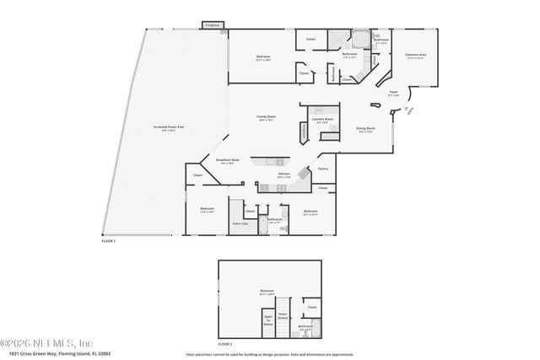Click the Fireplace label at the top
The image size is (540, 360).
pos(213,25)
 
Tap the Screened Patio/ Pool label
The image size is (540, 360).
pos(169,127)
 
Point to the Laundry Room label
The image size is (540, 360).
pos(321,120)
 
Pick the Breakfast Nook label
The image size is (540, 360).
pos(228,159)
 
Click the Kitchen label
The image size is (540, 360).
pos(284,174)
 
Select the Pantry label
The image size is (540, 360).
pos(323,169)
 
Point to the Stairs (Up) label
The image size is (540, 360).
pos(240,223)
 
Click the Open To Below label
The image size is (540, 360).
pos(268,320)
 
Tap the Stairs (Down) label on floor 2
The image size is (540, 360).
pos(283,315)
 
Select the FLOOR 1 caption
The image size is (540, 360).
pos(108,241)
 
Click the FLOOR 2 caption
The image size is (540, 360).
pos(224,344)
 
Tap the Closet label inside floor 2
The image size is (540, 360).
pos(312,307)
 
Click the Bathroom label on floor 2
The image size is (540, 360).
pos(305,326)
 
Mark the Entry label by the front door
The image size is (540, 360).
pos(411,114)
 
